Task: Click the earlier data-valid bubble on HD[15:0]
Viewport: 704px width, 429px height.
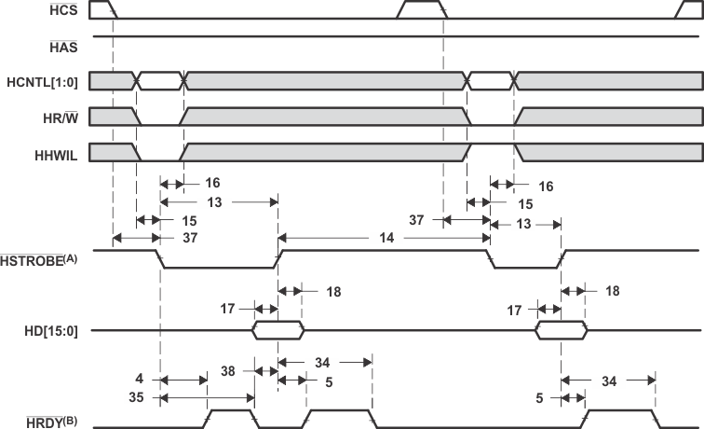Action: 278,329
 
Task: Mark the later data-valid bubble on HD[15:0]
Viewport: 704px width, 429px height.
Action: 561,329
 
